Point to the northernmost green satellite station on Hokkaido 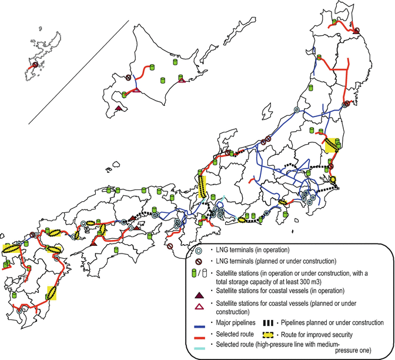[175, 61]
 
